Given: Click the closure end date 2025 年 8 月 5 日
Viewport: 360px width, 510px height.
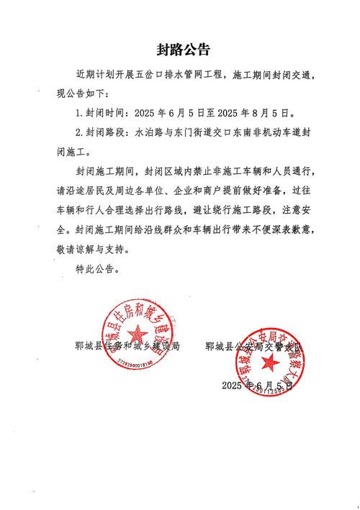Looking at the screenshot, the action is [x=254, y=114].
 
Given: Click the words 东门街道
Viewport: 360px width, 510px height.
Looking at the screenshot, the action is [x=199, y=133].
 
